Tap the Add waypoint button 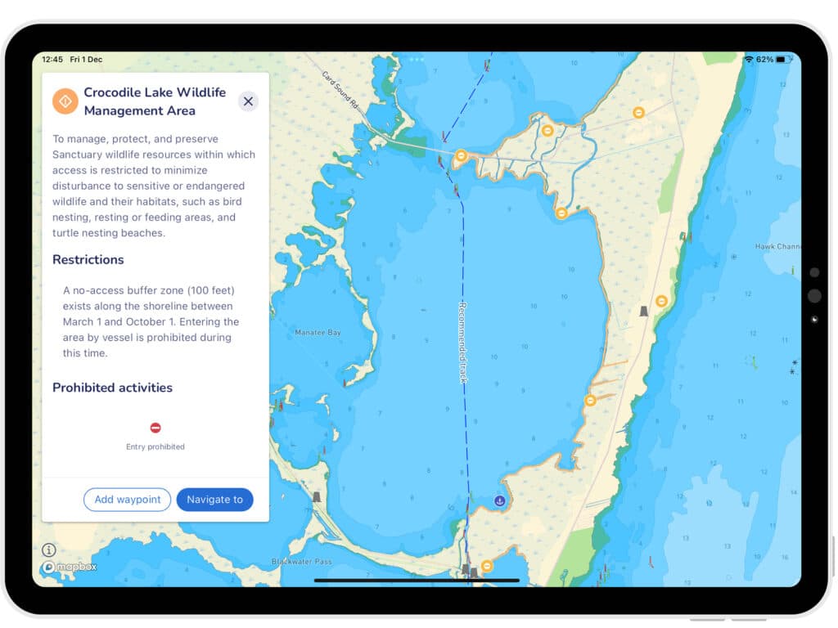point(127,500)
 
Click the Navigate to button point(214,500)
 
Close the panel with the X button point(248,101)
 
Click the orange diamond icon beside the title point(65,101)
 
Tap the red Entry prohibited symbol point(155,428)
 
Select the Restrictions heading point(88,260)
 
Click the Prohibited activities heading point(112,388)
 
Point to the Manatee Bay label point(318,333)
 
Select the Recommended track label point(462,342)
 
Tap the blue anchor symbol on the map point(500,500)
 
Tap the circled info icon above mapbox point(49,550)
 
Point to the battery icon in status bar point(783,60)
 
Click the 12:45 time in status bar point(52,60)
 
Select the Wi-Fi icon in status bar point(748,60)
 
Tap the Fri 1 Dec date point(86,60)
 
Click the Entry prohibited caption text point(155,447)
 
